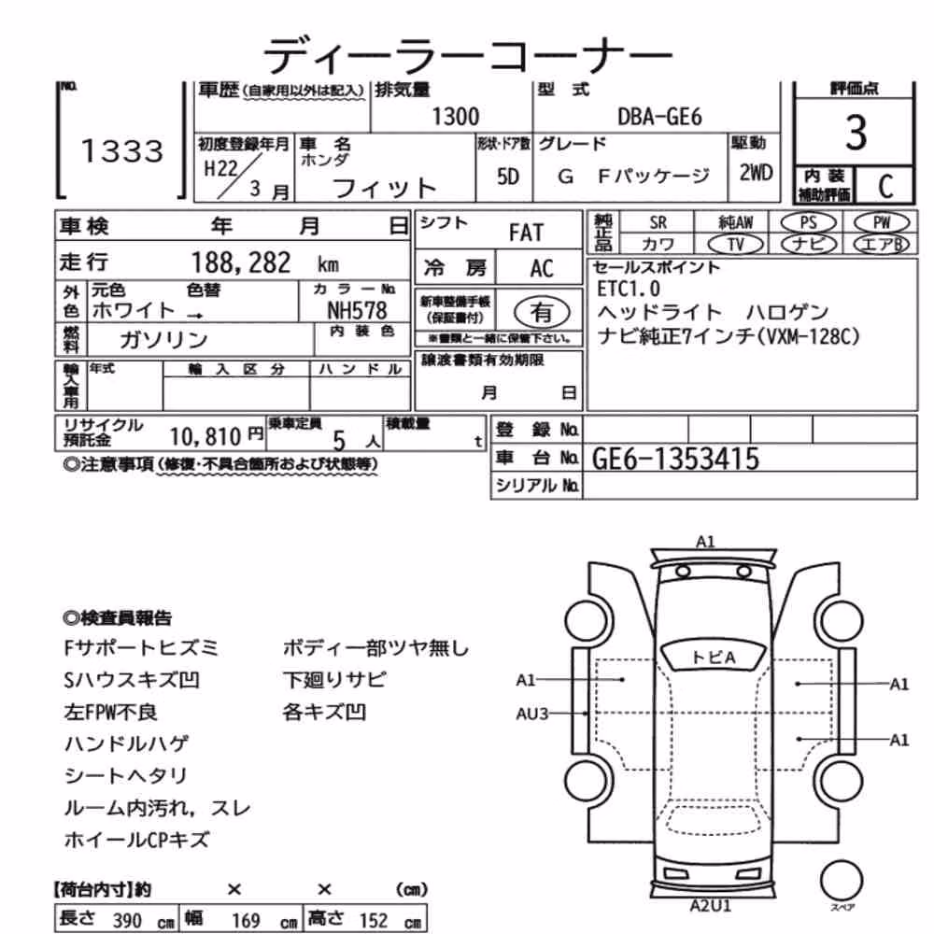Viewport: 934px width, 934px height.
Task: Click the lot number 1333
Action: pyautogui.click(x=122, y=150)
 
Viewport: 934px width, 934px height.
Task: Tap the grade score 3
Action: pyautogui.click(x=856, y=133)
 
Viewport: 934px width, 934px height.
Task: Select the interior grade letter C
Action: pyautogui.click(x=885, y=187)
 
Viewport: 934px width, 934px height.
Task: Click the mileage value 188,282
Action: pyautogui.click(x=241, y=262)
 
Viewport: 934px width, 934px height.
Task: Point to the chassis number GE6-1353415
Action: pyautogui.click(x=675, y=459)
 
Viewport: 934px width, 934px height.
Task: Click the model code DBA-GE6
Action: pyautogui.click(x=660, y=117)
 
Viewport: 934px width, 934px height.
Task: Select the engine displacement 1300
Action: pyautogui.click(x=455, y=117)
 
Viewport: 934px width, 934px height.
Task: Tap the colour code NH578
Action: pyautogui.click(x=357, y=310)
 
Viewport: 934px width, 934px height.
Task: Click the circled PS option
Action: pyautogui.click(x=808, y=223)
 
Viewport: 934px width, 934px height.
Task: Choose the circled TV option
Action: pyautogui.click(x=735, y=244)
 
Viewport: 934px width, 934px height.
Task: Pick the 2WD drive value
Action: pyautogui.click(x=756, y=173)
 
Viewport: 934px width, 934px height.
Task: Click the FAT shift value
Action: pyautogui.click(x=526, y=233)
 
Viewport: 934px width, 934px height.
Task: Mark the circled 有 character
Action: pyautogui.click(x=542, y=312)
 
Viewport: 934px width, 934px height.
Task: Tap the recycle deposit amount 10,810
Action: pyautogui.click(x=205, y=437)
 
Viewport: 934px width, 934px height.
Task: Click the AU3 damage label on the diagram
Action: pyautogui.click(x=531, y=713)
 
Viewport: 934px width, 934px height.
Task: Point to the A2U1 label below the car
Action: pyautogui.click(x=710, y=905)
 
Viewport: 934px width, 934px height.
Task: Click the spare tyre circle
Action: pyautogui.click(x=842, y=881)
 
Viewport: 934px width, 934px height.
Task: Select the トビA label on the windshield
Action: pyautogui.click(x=713, y=657)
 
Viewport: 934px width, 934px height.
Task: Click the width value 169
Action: pyautogui.click(x=246, y=921)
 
